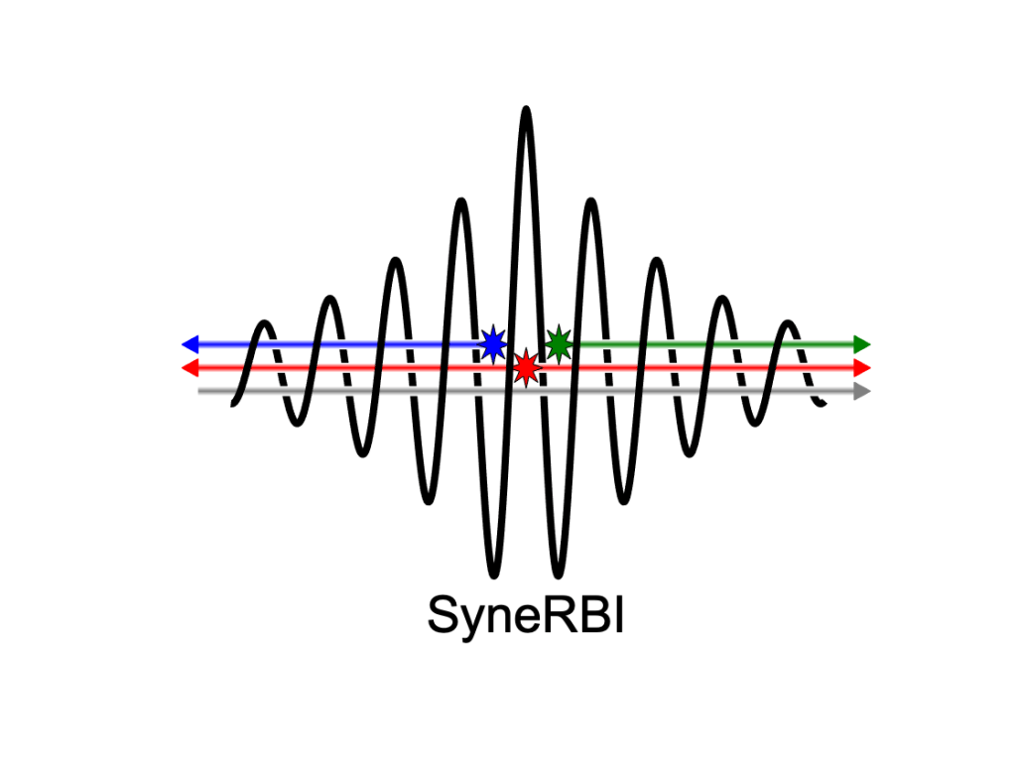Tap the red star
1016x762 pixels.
pyautogui.click(x=526, y=368)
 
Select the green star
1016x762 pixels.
pyautogui.click(x=559, y=343)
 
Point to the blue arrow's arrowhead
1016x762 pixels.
pyautogui.click(x=190, y=344)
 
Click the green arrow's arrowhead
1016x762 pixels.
pyautogui.click(x=862, y=344)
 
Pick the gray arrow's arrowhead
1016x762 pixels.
pyautogui.click(x=862, y=392)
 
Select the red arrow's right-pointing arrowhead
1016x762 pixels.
pyautogui.click(x=862, y=368)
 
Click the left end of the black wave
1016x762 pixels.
pyautogui.click(x=233, y=403)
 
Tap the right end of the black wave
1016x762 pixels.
pyautogui.click(x=823, y=403)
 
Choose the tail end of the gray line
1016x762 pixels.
pyautogui.click(x=200, y=392)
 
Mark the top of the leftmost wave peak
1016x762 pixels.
pyautogui.click(x=265, y=323)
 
